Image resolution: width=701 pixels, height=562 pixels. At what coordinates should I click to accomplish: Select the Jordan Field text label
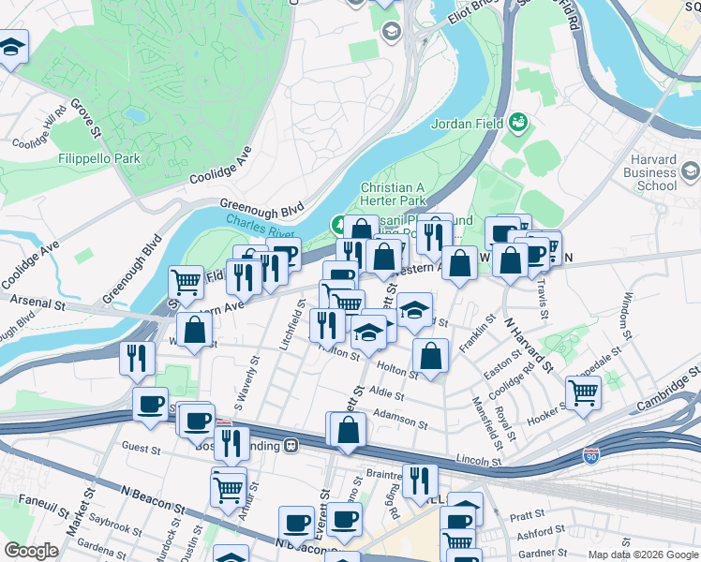(x=466, y=123)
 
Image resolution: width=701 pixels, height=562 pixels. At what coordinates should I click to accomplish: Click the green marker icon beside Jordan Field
(x=517, y=123)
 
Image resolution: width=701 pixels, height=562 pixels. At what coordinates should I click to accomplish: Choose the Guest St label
(x=142, y=449)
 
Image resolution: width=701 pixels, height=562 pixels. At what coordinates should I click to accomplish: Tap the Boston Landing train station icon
(x=291, y=445)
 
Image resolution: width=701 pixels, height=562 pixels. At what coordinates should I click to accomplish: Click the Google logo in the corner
(x=31, y=551)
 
